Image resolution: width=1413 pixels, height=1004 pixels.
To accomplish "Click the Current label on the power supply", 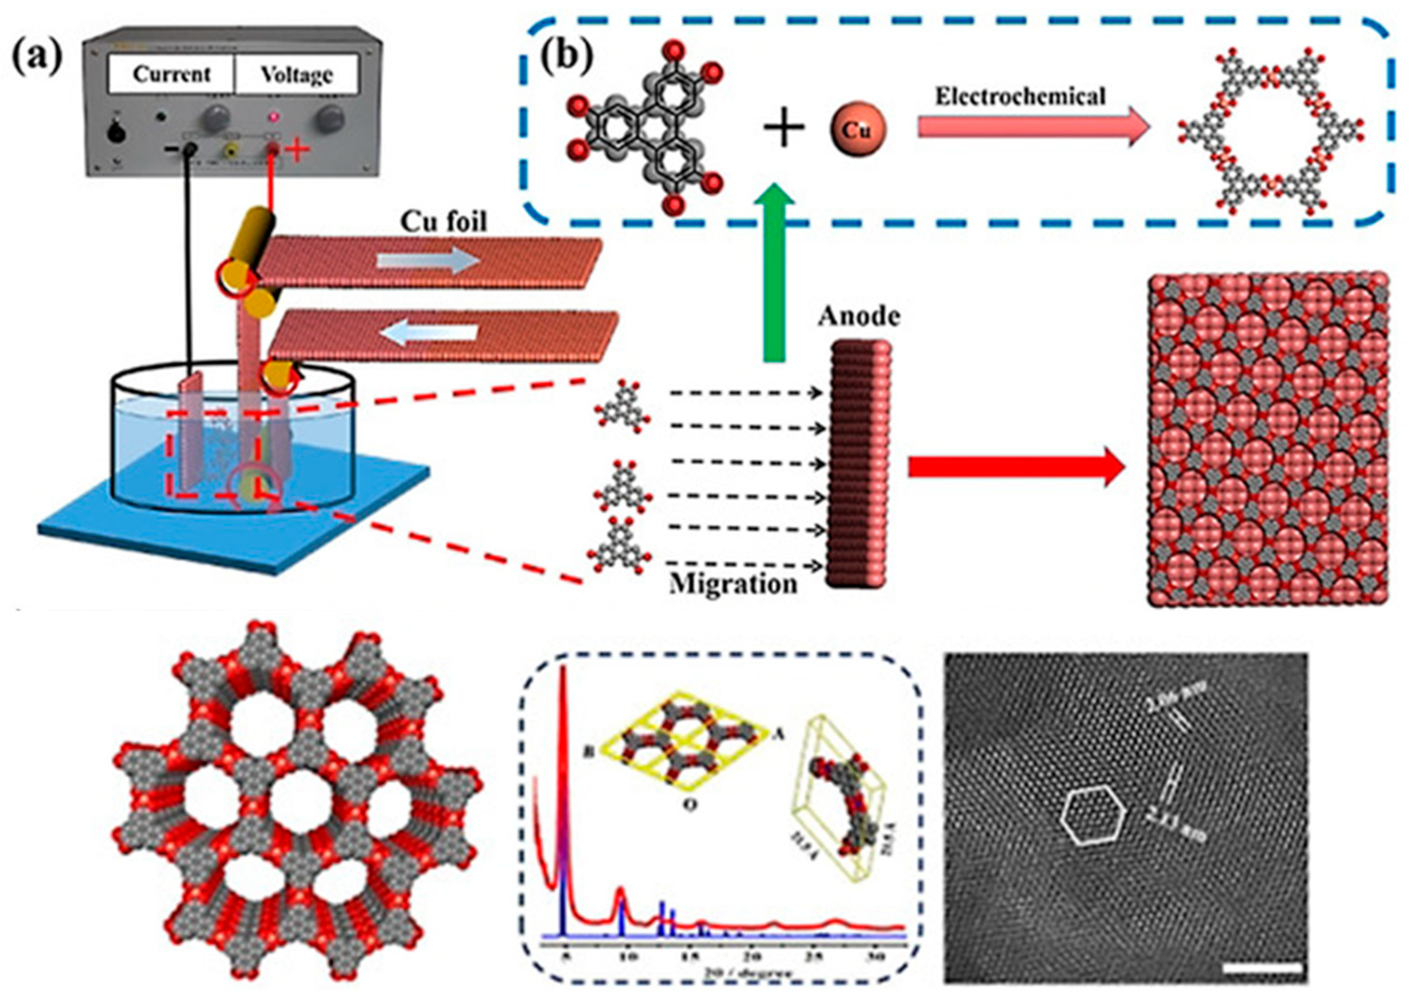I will point(171,74).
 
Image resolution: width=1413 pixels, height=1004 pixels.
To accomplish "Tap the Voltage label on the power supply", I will point(296,75).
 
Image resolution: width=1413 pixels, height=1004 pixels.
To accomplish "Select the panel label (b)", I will point(566,55).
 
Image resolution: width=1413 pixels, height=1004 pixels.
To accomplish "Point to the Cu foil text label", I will point(444,221).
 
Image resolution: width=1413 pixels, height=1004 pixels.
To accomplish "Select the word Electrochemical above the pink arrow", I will point(1019,97).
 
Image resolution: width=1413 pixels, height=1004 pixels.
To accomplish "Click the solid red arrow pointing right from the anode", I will point(1015,468).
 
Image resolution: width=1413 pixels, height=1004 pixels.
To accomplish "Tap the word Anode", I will point(859,317).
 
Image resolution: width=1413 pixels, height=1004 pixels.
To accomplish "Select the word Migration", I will point(733,583).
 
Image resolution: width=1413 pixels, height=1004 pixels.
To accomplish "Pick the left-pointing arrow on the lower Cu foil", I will point(429,333).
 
